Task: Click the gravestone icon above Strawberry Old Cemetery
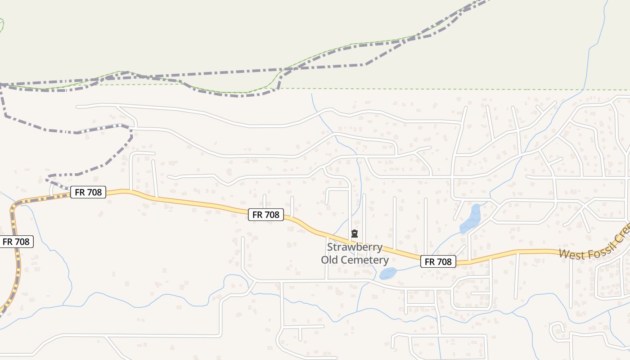click(355, 234)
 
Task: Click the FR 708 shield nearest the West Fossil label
click(438, 261)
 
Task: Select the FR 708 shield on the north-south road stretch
click(16, 242)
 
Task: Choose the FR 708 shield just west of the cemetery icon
click(265, 215)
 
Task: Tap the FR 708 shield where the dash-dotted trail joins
click(88, 193)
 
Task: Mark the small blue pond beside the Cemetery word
click(388, 273)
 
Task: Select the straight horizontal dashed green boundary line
click(450, 89)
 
